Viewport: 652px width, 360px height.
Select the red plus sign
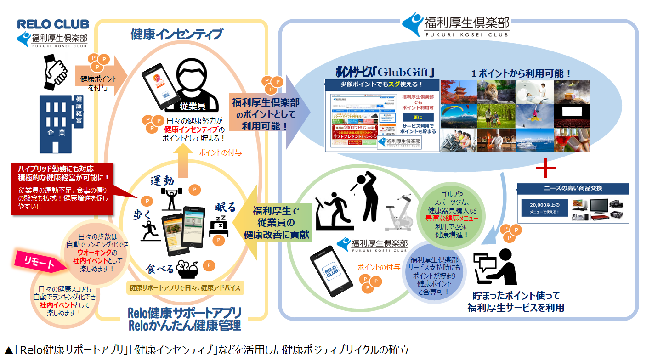(545, 169)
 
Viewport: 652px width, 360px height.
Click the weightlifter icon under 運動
(171, 196)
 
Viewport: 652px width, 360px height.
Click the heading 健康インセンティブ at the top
(176, 34)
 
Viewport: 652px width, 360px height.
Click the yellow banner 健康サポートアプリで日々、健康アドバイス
(185, 288)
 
